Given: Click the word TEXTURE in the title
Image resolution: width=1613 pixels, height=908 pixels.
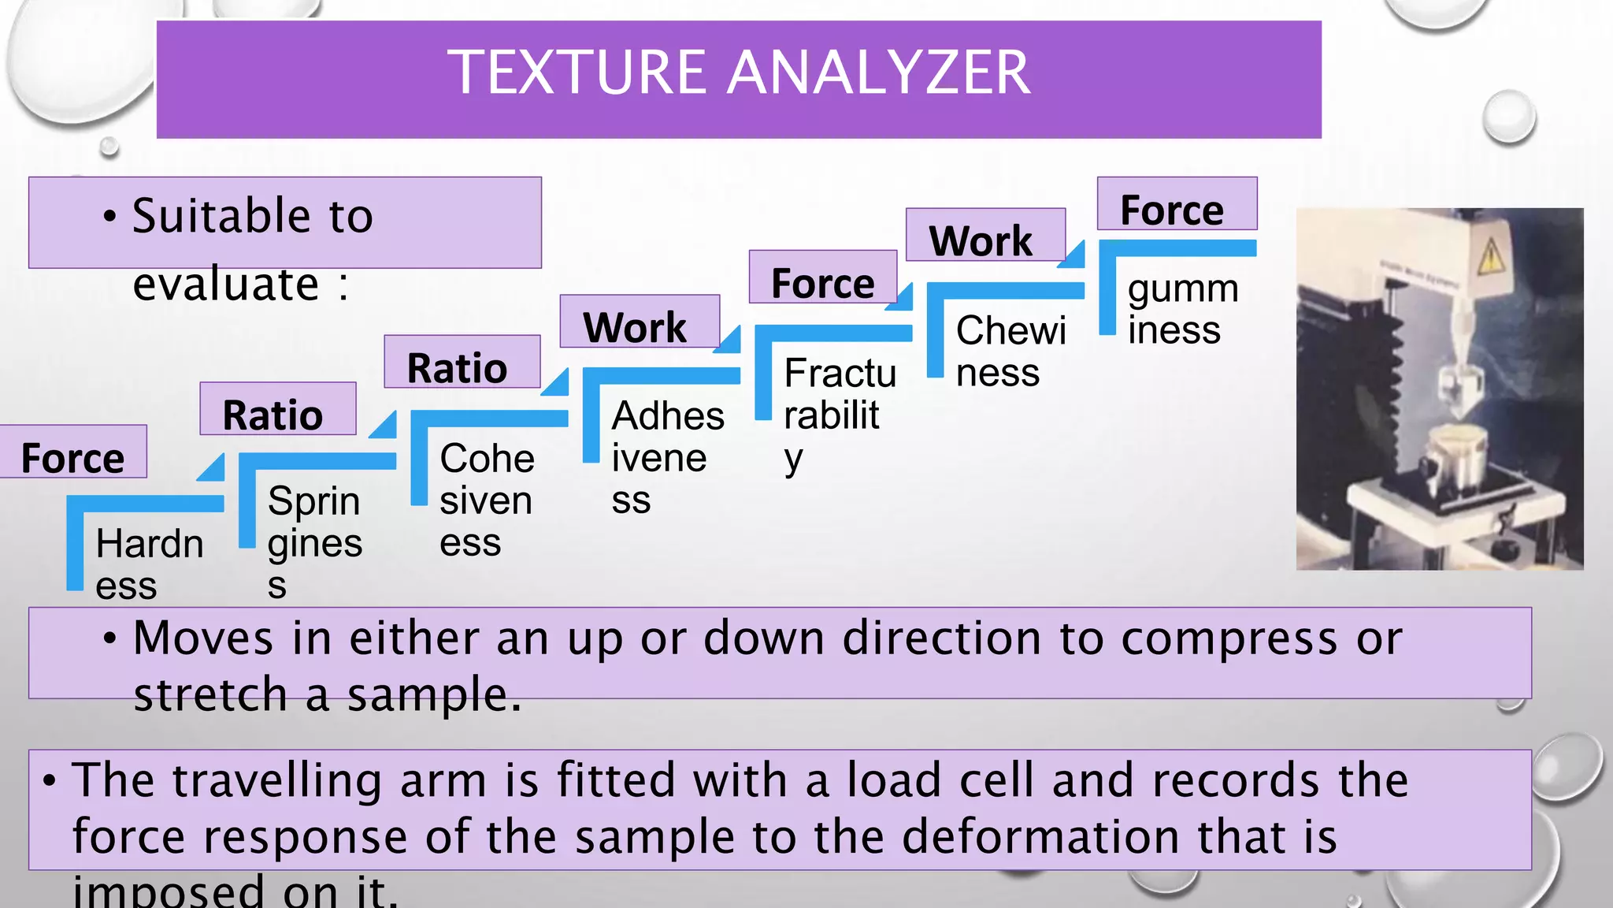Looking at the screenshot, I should [578, 73].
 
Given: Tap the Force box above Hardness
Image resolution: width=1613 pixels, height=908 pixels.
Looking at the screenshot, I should [72, 457].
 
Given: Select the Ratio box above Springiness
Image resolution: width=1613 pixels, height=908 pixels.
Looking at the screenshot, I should [273, 414].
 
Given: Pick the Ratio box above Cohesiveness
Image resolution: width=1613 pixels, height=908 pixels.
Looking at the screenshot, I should [458, 367].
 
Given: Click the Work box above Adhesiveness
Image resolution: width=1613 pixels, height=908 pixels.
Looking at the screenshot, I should [636, 326].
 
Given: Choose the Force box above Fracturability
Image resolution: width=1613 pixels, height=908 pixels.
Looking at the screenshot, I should [823, 282].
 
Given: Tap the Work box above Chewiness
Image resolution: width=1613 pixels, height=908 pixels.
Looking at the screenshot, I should [981, 240].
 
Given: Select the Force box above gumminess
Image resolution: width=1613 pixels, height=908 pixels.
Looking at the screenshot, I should [1173, 210].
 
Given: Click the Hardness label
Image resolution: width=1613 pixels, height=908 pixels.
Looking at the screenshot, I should [149, 564].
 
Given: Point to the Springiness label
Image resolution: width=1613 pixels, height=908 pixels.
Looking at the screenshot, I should [314, 542].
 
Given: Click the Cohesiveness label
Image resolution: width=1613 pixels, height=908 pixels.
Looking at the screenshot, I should [487, 500].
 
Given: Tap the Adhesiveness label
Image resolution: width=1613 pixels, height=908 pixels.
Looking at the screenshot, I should [667, 457].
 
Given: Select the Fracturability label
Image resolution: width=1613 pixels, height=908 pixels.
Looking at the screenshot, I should [840, 415].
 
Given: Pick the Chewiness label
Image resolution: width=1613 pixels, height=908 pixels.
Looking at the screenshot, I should [1010, 351].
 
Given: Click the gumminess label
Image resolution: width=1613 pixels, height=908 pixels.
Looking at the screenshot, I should [1182, 309].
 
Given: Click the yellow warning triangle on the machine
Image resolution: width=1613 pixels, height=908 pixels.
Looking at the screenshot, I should [1490, 255].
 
